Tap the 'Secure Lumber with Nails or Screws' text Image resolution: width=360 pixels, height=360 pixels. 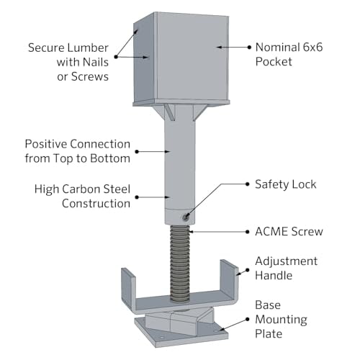click(69, 61)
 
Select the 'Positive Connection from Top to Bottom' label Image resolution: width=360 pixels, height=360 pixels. click(78, 150)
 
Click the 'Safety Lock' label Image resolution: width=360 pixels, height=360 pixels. click(285, 184)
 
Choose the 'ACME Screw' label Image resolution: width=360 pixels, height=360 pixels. click(289, 231)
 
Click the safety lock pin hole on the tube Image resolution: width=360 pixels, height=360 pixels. click(186, 215)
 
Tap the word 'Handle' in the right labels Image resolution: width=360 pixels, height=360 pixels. click(277, 274)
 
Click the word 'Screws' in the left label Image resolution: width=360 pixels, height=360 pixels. click(91, 76)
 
